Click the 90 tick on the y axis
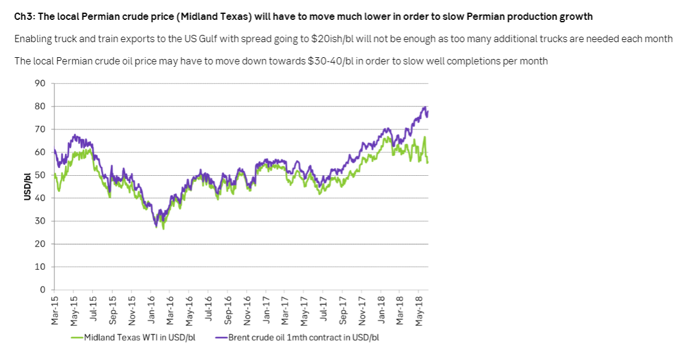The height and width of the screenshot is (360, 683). coord(41,83)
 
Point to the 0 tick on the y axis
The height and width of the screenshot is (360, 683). coord(43,290)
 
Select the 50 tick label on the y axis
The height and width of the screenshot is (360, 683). coord(41,175)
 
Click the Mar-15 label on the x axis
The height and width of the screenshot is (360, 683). coord(55,311)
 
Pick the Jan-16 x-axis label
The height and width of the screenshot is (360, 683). coord(152,311)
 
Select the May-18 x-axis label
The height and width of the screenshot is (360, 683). coord(419,311)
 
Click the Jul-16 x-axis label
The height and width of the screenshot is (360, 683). coord(209,311)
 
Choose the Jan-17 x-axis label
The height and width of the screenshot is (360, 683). coord(266,311)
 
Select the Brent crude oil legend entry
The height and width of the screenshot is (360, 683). coord(303,337)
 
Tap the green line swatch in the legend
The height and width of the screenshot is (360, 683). coord(77,337)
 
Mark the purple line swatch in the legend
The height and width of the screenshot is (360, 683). coord(221,337)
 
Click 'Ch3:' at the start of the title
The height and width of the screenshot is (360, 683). coord(24,16)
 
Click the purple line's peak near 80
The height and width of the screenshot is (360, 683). coord(425,107)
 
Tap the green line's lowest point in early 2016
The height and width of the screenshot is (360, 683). coord(163,229)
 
